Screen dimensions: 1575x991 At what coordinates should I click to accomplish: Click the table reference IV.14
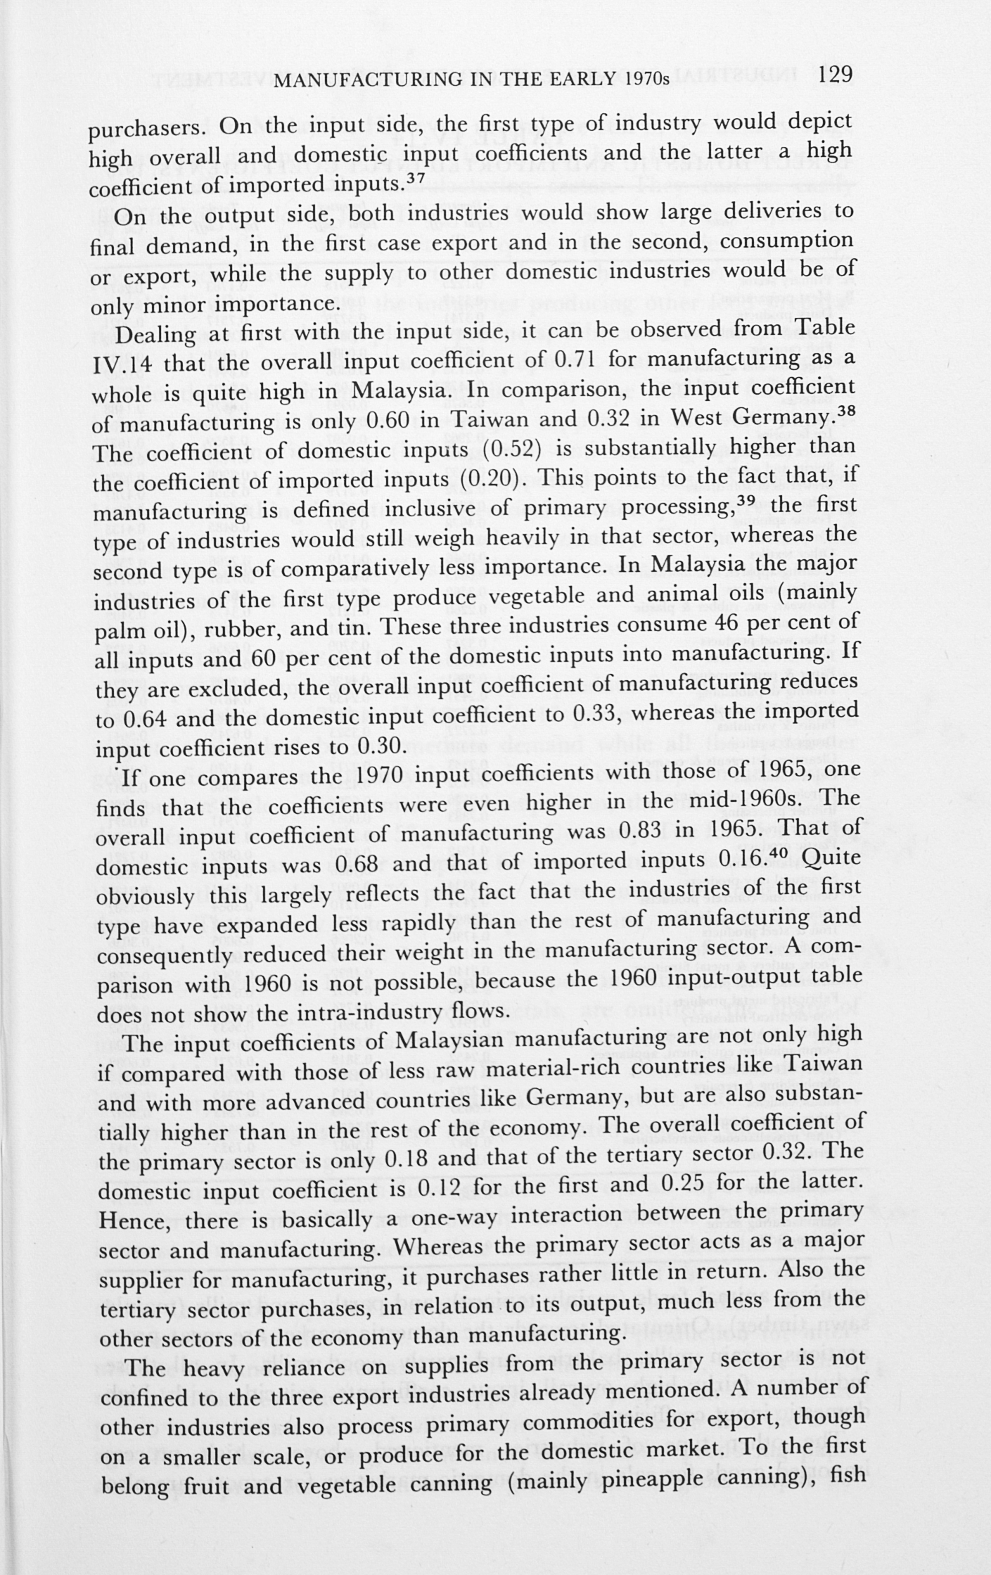click(x=122, y=364)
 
